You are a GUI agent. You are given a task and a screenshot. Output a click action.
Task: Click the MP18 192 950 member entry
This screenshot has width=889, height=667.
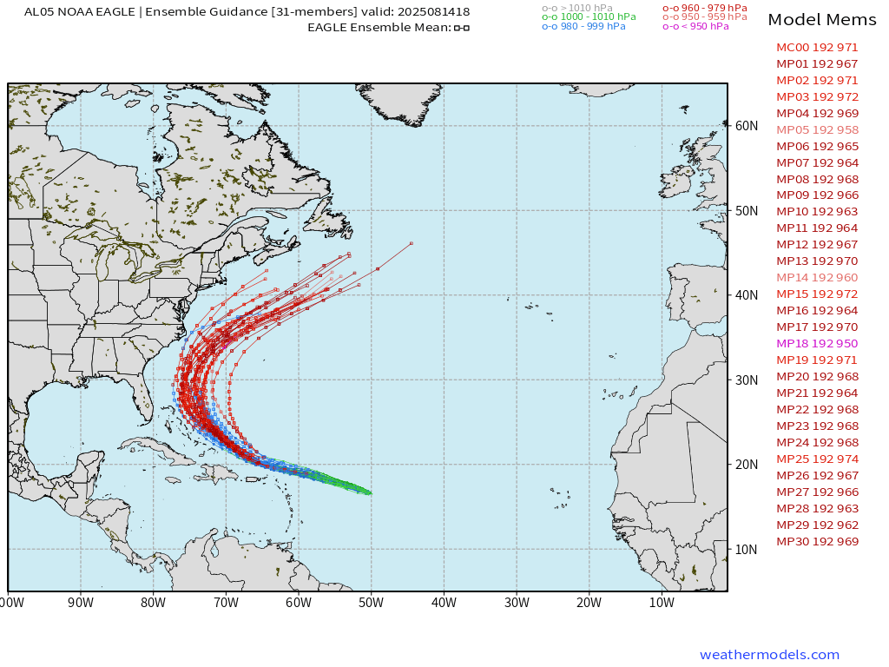coord(816,344)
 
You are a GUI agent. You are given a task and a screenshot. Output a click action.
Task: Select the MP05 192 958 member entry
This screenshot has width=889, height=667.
coord(816,129)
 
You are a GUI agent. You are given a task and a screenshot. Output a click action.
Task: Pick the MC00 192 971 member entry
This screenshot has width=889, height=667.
coord(816,48)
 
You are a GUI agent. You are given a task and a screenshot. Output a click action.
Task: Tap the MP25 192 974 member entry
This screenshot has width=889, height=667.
coord(816,459)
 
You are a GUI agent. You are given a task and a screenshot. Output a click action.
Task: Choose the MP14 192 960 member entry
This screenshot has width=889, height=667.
coord(816,278)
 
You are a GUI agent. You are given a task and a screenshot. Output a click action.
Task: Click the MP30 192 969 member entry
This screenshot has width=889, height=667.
coord(816,542)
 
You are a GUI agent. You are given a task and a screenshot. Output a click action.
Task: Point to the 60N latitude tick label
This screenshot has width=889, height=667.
coord(746,126)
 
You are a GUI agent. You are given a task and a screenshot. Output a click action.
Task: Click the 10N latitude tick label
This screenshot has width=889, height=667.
coord(746,549)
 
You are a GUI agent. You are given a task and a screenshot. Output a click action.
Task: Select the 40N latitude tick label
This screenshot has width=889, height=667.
coord(746,295)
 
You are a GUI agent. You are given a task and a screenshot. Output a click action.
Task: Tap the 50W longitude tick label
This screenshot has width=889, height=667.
coord(371,602)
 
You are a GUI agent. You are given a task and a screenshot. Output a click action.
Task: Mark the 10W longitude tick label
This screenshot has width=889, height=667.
coord(661,602)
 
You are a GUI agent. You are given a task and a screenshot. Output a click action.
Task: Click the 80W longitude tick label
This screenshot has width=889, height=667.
coord(153,602)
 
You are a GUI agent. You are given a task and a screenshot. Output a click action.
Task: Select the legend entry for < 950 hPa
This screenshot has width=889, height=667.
coord(695,27)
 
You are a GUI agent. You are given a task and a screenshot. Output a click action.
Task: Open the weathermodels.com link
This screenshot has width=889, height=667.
coord(769,655)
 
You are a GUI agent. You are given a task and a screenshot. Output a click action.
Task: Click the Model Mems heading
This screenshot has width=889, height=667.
coord(823,20)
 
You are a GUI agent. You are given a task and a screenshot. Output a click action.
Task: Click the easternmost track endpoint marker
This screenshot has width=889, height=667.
coord(411,243)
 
